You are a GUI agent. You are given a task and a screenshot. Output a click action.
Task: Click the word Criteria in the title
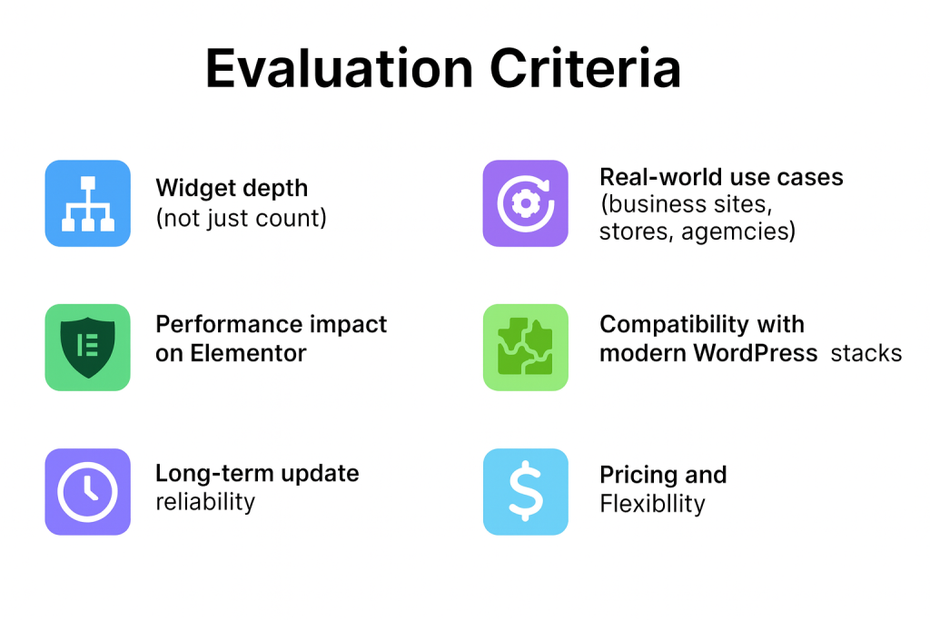[x=594, y=68]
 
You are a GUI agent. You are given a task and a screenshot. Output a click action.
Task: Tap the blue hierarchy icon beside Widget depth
[x=87, y=203]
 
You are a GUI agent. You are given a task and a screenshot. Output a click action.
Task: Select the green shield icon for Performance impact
[x=87, y=347]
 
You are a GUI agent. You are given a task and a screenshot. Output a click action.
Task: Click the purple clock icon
[x=87, y=491]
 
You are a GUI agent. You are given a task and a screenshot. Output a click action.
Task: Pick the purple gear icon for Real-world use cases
[x=525, y=203]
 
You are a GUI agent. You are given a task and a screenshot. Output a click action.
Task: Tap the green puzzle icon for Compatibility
[x=525, y=347]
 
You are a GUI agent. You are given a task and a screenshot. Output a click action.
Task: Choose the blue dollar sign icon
[x=525, y=491]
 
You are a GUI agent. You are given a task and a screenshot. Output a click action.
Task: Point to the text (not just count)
[x=241, y=218]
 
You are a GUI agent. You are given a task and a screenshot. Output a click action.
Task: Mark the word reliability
[x=205, y=501]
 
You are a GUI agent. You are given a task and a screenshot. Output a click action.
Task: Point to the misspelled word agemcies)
[x=738, y=231]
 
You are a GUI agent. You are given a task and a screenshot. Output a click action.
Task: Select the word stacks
[x=866, y=353]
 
